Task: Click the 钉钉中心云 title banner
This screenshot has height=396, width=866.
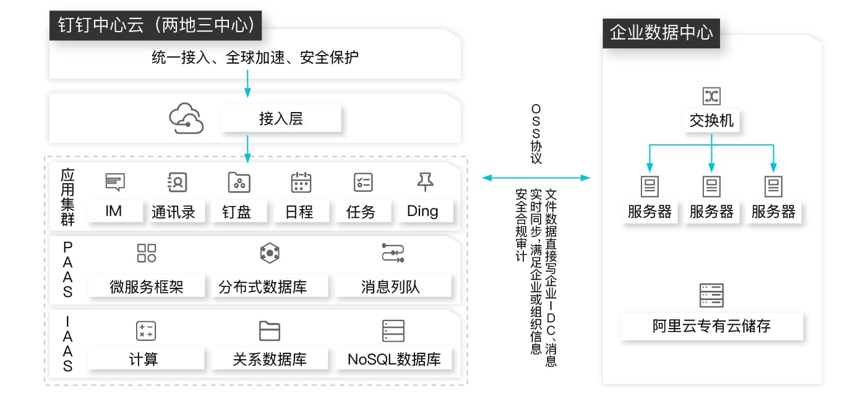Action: (x=155, y=25)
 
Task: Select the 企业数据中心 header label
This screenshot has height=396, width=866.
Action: (x=661, y=32)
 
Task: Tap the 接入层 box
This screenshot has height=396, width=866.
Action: (x=281, y=119)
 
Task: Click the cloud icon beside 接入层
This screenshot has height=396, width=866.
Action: (x=186, y=118)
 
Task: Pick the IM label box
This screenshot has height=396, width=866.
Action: (x=114, y=212)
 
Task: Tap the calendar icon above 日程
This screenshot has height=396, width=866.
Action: (x=301, y=182)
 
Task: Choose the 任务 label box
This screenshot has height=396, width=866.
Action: (x=361, y=212)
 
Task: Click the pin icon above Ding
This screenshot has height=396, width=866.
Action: (x=425, y=181)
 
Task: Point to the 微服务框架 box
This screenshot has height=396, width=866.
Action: (x=147, y=286)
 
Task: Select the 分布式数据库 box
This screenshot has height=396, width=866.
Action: (x=263, y=286)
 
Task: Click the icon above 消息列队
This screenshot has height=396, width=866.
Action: (x=393, y=253)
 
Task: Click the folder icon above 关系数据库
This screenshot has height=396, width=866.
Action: (x=269, y=331)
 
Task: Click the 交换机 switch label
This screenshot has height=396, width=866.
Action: (x=711, y=120)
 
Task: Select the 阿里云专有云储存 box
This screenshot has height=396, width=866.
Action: (x=712, y=326)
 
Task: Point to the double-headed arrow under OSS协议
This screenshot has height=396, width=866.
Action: (x=536, y=178)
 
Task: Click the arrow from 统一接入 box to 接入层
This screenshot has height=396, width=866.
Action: (x=247, y=84)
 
